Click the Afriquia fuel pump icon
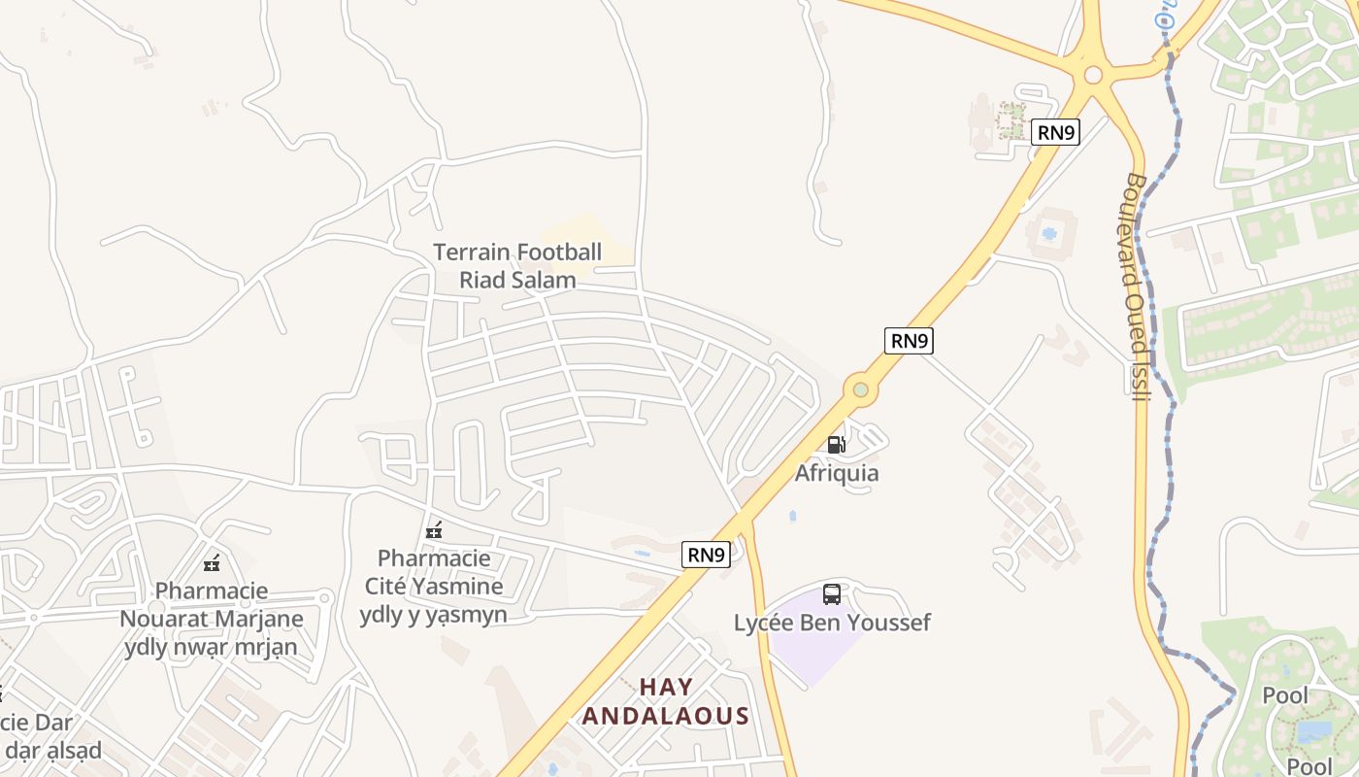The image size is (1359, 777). pyautogui.click(x=835, y=445)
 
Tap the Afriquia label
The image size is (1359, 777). pyautogui.click(x=837, y=473)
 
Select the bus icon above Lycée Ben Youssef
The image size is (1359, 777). pyautogui.click(x=832, y=594)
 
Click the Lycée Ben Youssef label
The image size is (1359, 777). pyautogui.click(x=832, y=623)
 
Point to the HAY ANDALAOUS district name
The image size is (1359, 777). pyautogui.click(x=666, y=702)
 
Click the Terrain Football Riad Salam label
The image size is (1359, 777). pyautogui.click(x=517, y=266)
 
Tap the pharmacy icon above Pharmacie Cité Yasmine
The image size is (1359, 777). pyautogui.click(x=434, y=530)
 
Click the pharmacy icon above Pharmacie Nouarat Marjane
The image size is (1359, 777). pyautogui.click(x=212, y=562)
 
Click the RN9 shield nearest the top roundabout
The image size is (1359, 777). pyautogui.click(x=1055, y=132)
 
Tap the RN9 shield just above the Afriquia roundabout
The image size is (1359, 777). pyautogui.click(x=909, y=340)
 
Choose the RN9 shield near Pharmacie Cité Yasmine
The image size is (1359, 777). pyautogui.click(x=706, y=555)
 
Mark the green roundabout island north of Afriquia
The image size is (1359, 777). pyautogui.click(x=860, y=390)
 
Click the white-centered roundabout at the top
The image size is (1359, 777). pyautogui.click(x=1093, y=74)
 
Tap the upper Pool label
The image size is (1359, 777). pyautogui.click(x=1284, y=695)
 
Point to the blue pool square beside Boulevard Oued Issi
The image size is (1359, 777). pyautogui.click(x=1049, y=234)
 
